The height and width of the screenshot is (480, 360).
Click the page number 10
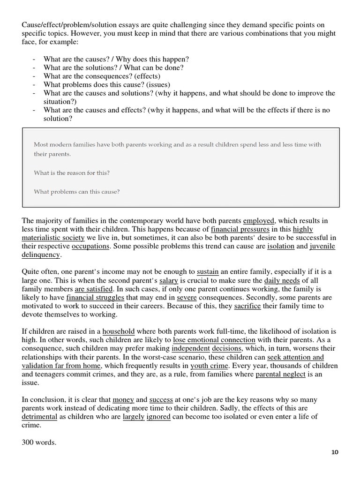click(334, 452)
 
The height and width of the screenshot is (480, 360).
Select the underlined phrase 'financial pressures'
click(240, 229)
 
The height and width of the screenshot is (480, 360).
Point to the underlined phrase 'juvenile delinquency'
click(322, 247)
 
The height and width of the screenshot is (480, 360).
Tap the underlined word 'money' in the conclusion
click(123, 399)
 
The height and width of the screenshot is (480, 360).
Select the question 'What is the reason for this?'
click(72, 173)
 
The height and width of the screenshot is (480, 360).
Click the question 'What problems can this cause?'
click(77, 191)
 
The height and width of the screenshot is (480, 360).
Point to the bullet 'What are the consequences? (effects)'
click(102, 76)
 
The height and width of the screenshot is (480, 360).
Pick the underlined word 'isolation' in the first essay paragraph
click(281, 247)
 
